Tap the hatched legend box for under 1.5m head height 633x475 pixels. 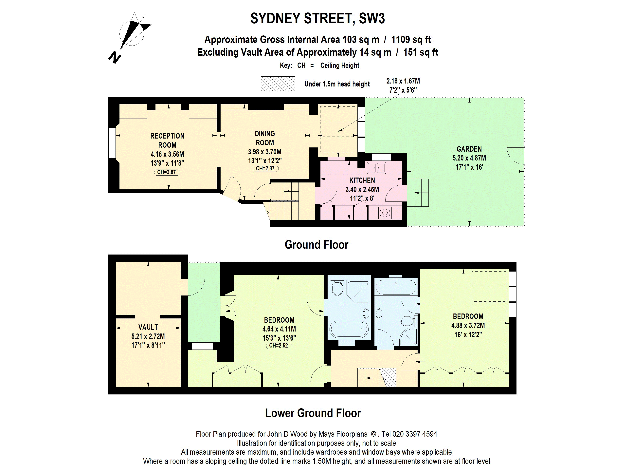[x=278, y=84]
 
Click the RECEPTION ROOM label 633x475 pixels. [x=167, y=140]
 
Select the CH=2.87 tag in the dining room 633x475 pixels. [x=265, y=169]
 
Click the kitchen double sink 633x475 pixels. [x=376, y=168]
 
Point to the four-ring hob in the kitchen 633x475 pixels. [x=385, y=213]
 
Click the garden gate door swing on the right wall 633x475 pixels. [x=515, y=156]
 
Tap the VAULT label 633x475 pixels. [x=148, y=327]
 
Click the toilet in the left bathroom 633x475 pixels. [x=337, y=288]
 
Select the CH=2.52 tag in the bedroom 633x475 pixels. [x=279, y=346]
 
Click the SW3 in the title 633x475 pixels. [x=372, y=19]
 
